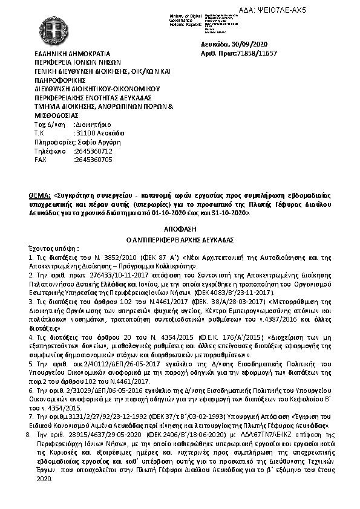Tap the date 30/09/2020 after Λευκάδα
[255, 45]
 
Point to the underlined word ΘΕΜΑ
[40, 196]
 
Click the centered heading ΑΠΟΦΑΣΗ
[180, 230]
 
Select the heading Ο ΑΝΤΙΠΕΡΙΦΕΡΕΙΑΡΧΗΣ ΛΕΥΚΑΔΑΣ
[180, 239]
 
